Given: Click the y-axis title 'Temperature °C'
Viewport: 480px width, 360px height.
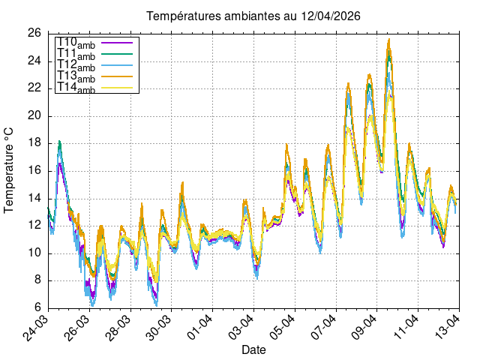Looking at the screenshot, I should tap(10, 169).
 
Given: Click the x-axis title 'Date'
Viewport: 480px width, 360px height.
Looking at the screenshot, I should tap(253, 350).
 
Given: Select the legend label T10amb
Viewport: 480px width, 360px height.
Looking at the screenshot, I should tap(76, 43).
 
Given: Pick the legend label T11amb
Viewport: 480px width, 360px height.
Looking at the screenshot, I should tap(76, 54).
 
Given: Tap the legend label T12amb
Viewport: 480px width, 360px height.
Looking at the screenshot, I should tap(76, 65).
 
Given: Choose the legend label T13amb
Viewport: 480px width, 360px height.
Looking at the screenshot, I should tap(76, 76).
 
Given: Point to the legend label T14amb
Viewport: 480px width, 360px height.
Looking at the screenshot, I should tap(76, 88).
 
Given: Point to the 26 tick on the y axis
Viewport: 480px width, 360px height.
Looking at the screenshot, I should tap(34, 33).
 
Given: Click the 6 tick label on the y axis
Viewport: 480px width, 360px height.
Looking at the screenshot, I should tap(37, 307).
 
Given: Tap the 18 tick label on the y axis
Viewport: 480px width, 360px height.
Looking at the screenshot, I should tap(34, 143).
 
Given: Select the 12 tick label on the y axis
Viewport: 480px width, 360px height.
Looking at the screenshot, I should tap(34, 225).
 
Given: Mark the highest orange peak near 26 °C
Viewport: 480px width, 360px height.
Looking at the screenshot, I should tap(388, 40).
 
